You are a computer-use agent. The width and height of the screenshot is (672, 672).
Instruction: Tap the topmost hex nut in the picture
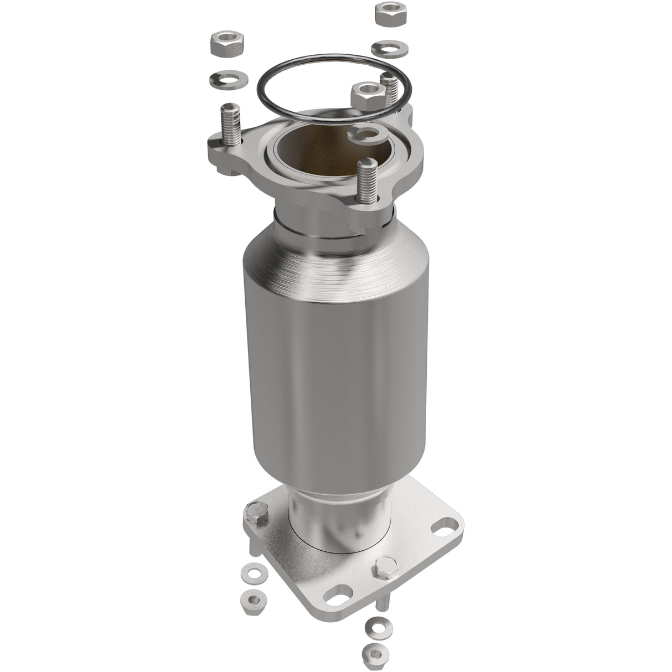[x=391, y=13]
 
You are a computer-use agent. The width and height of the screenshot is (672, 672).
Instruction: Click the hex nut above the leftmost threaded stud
[x=227, y=44]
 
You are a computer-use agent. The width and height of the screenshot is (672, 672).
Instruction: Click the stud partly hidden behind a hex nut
[x=391, y=89]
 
